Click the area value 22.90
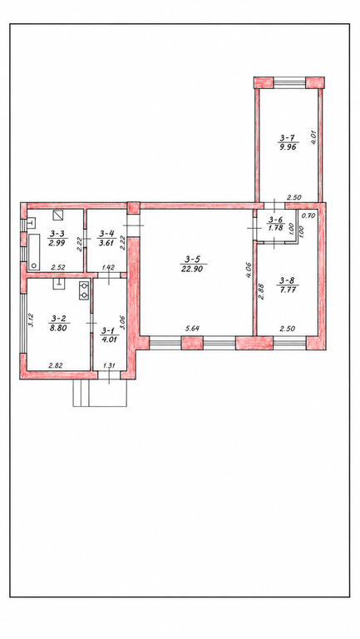194,267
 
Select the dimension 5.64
192,329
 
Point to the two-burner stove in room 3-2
85,290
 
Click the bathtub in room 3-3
33,252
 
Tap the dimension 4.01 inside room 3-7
313,137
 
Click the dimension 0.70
310,216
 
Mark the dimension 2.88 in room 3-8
262,292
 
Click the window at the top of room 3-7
289,82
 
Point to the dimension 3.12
31,320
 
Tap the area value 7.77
288,290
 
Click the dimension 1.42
107,267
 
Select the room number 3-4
106,234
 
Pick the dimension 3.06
124,321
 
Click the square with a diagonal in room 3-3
59,215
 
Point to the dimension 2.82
55,365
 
